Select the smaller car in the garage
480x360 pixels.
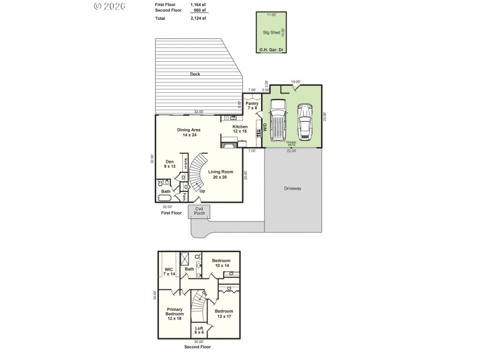point(305,122)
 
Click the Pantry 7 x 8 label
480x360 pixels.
point(252,106)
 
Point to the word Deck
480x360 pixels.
point(195,74)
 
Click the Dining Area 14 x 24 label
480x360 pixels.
point(189,133)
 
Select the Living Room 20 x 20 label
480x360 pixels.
point(221,175)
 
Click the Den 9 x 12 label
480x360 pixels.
point(170,164)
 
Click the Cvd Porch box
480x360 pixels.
point(199,211)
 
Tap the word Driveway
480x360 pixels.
point(293,188)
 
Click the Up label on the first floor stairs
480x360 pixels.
point(202,191)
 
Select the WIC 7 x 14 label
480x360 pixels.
point(169,271)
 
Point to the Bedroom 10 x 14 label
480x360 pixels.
point(221,263)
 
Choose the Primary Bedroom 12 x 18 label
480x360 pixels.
point(175,314)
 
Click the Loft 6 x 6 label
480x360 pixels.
point(199,330)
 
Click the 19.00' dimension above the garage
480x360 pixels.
point(295,82)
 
